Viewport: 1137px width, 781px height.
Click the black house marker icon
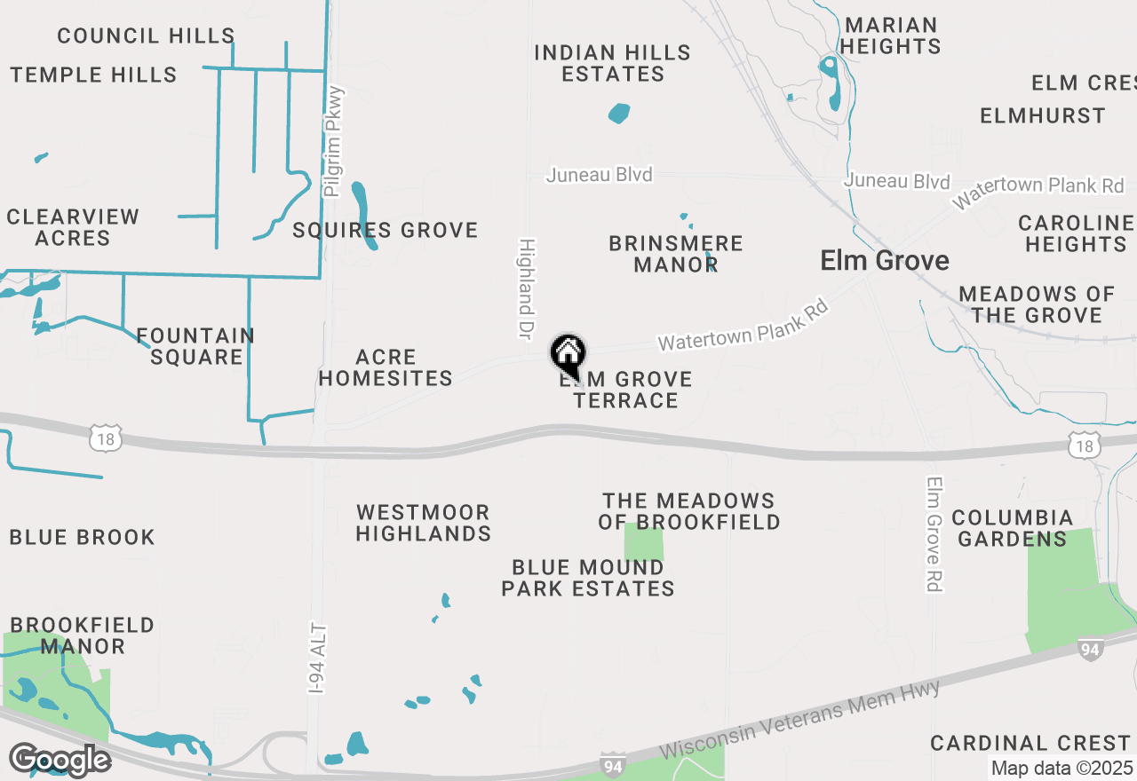coord(568,355)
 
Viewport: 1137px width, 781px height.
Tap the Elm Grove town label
coord(884,261)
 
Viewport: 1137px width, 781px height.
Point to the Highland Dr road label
coord(526,288)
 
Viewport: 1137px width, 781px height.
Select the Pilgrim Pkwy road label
coord(334,141)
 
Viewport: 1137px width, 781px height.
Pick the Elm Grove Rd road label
coord(934,534)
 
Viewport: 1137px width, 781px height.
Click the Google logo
coord(60,760)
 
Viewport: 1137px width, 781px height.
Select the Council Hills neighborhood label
coord(146,35)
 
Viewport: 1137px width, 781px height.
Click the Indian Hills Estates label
coord(612,63)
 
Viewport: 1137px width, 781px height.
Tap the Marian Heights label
coord(891,35)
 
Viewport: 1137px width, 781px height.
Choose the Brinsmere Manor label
coord(676,254)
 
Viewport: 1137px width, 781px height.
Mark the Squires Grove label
coord(386,231)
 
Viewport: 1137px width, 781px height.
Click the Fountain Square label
coord(196,346)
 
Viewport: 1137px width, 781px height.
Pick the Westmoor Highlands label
coord(424,523)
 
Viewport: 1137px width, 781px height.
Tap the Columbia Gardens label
coord(1013,528)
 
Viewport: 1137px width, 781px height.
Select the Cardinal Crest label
coord(1030,743)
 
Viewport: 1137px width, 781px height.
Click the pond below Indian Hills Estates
coord(619,114)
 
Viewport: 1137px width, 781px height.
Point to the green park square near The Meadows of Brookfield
coord(644,542)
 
